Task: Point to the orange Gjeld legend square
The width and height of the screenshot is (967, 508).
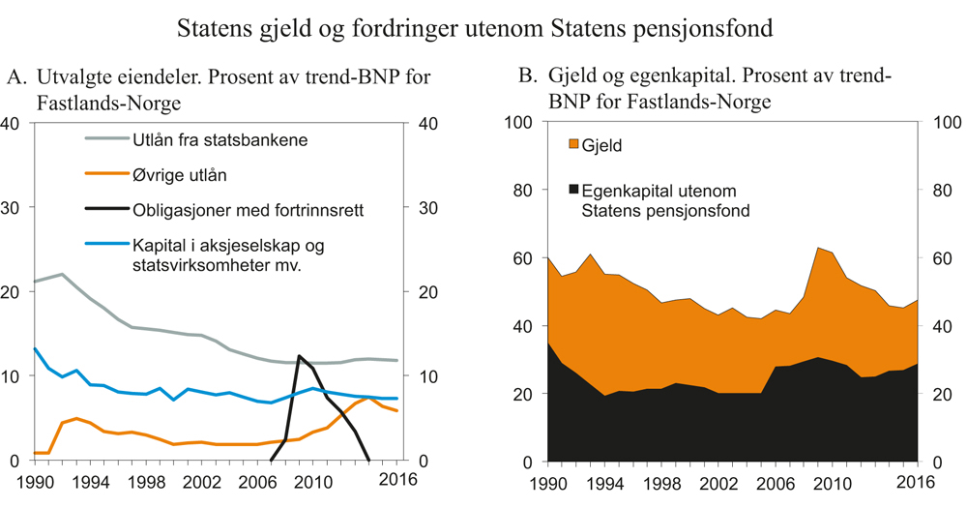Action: point(573,145)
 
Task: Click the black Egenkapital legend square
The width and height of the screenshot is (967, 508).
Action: point(573,189)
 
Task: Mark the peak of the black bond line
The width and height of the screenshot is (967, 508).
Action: point(299,356)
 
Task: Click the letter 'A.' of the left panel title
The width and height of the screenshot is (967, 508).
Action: point(16,75)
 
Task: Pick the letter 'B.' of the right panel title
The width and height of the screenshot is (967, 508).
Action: point(527,75)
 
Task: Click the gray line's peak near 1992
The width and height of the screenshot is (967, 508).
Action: point(62,274)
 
